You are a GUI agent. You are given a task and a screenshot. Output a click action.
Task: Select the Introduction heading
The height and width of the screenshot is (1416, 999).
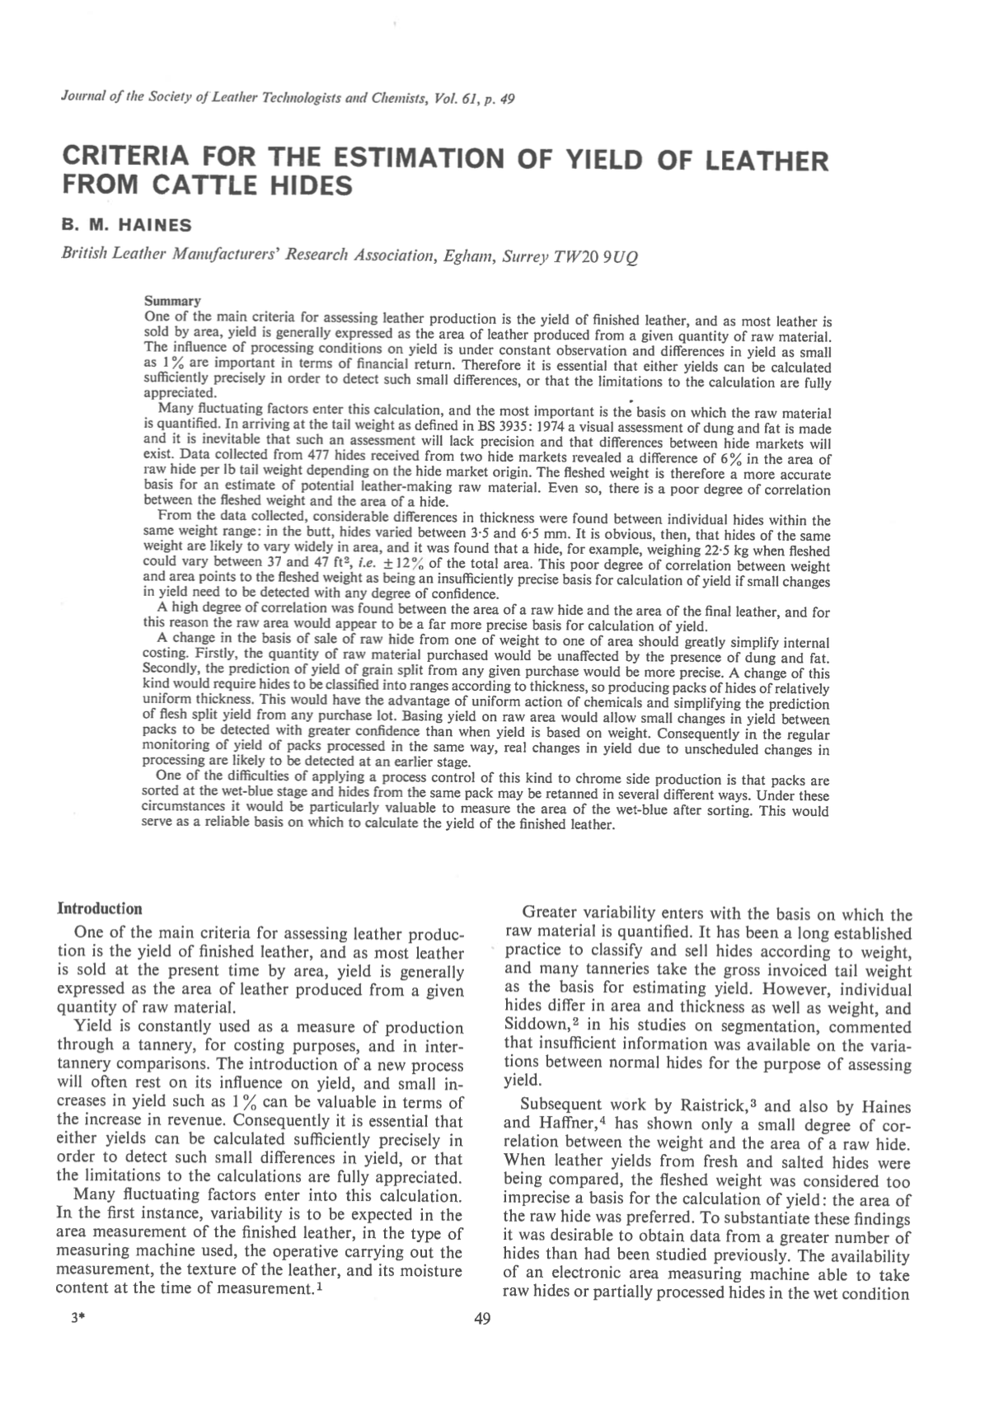click(x=99, y=909)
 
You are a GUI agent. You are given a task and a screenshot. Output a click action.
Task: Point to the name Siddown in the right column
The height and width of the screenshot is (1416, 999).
click(x=533, y=1028)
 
